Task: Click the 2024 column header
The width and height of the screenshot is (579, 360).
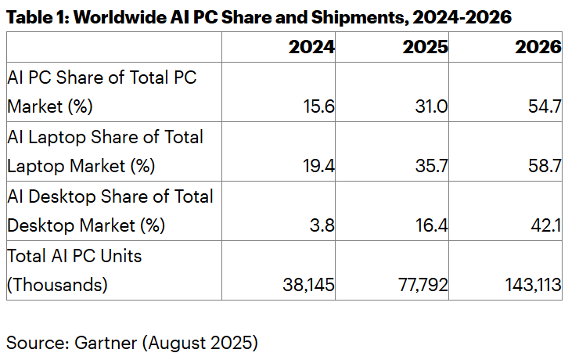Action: tap(311, 47)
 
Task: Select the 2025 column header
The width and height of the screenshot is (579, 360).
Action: tap(425, 47)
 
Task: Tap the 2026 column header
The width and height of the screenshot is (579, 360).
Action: tap(538, 47)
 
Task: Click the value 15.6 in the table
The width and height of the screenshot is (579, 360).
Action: tap(320, 106)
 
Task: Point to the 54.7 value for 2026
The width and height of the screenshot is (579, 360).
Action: tap(545, 106)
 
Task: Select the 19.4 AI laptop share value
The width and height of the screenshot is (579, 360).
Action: tap(319, 166)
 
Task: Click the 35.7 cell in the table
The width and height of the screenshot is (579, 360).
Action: tap(432, 166)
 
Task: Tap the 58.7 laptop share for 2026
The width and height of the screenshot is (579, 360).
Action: tap(545, 166)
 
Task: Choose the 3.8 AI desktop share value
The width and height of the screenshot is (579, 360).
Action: tap(322, 226)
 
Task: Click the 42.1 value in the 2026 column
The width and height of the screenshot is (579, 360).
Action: tap(546, 226)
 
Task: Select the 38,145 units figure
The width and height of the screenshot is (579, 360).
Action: tap(308, 286)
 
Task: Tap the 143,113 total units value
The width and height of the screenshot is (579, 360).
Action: tap(532, 286)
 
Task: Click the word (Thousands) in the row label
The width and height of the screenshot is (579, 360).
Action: tap(57, 286)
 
